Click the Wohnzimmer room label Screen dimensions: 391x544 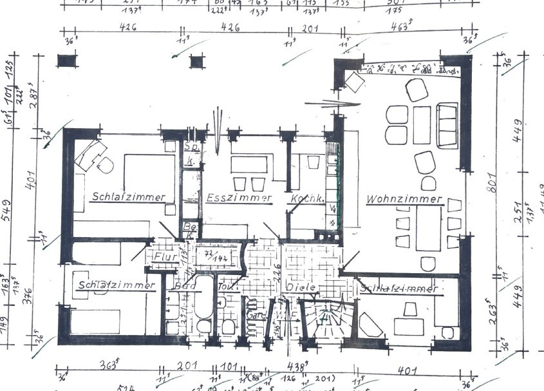coord(404,199)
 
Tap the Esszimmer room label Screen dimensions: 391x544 coord(238,198)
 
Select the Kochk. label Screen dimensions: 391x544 coord(306,198)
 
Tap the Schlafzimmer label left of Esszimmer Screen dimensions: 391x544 coord(128,196)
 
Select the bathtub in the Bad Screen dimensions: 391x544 coord(203,303)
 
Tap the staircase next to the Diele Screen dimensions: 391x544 coord(327,321)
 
